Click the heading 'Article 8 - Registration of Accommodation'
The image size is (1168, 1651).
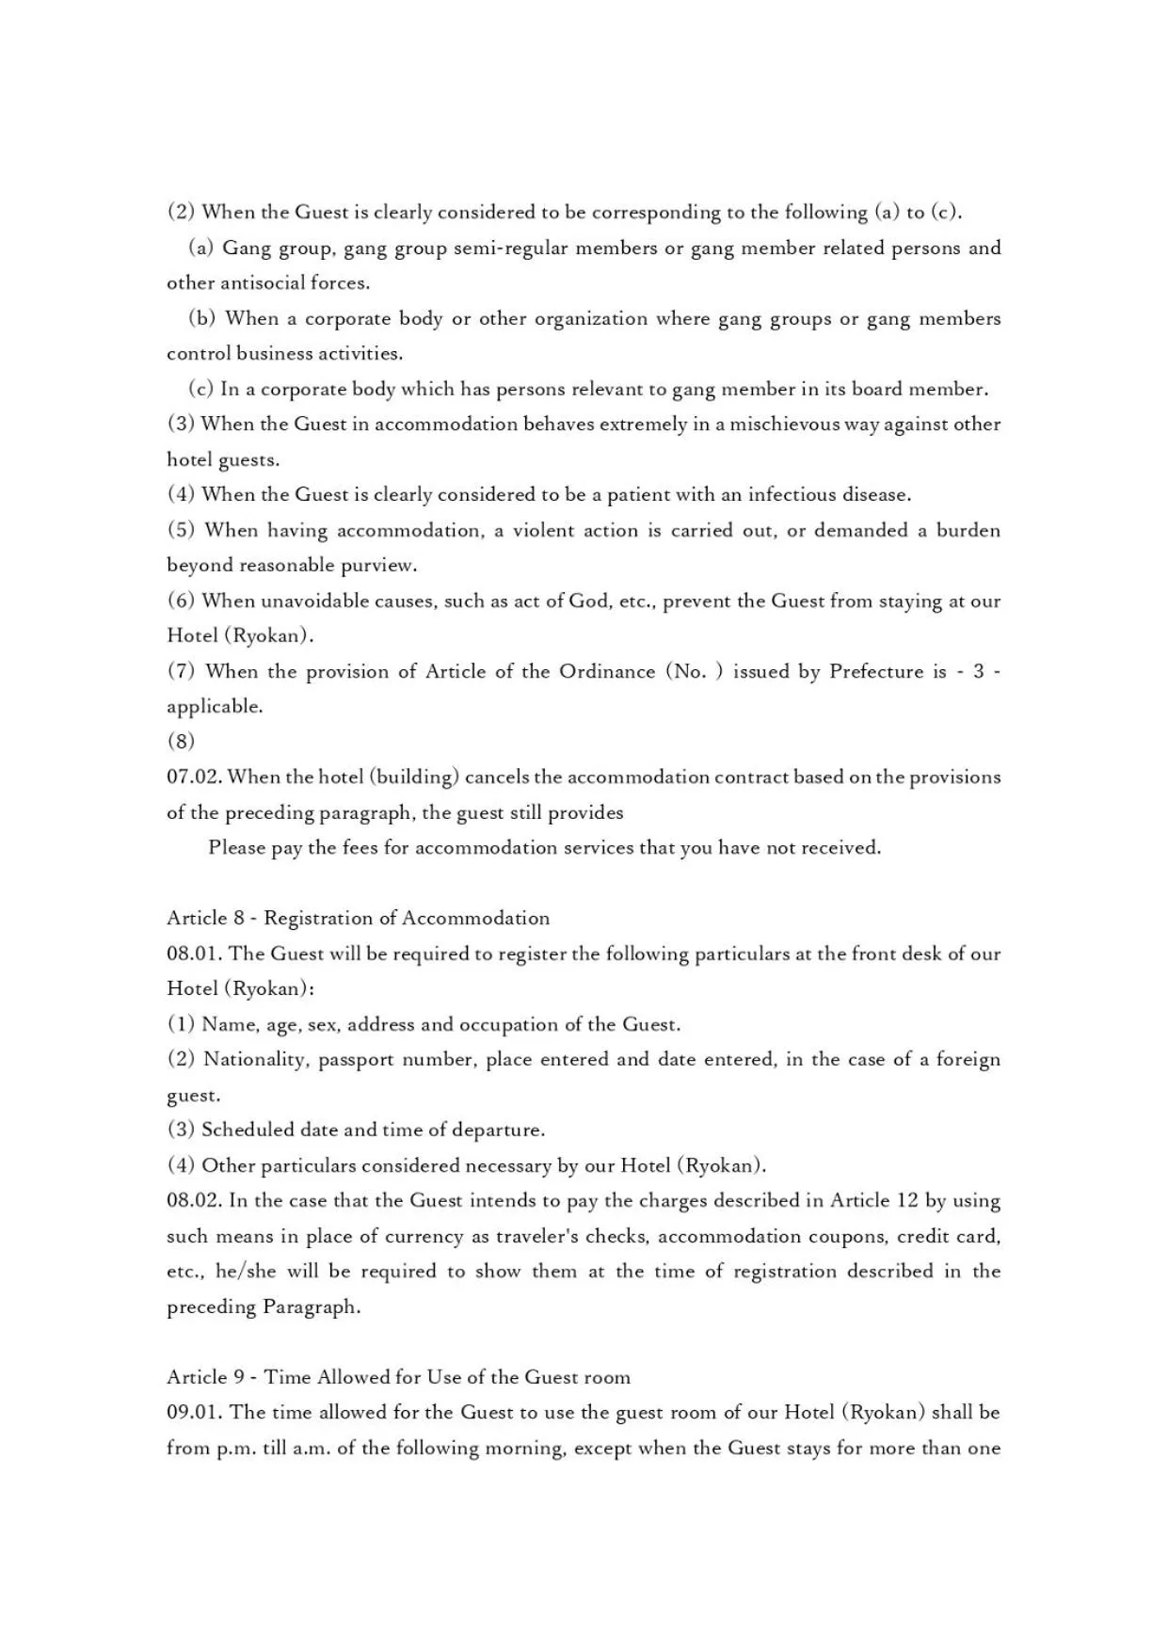358,918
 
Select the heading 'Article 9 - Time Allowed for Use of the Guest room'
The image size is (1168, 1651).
398,1377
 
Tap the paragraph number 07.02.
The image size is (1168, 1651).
194,777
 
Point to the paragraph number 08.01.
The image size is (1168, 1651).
194,954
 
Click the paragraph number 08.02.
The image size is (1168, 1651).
194,1200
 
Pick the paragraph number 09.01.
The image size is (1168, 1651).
194,1412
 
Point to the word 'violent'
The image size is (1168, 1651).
543,530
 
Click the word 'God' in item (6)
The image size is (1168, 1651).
588,601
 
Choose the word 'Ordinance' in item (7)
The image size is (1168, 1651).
607,671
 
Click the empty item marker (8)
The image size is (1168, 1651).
181,742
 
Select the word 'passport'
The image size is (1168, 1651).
356,1060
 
